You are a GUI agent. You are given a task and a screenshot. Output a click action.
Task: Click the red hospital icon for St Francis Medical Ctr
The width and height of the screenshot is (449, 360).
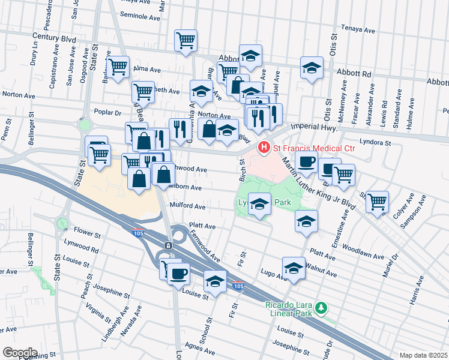tap(263, 146)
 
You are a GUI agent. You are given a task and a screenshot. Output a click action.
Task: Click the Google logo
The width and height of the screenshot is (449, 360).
tap(19, 352)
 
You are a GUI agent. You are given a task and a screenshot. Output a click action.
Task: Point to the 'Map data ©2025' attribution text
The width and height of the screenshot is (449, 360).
tap(423, 355)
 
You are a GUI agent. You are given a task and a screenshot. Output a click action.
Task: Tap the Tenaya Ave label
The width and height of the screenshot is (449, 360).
tap(358, 28)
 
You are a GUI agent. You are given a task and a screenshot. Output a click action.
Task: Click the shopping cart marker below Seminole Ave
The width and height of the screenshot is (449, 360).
tap(185, 41)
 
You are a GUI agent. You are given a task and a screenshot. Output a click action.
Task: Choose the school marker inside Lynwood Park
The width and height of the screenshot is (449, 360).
tap(259, 205)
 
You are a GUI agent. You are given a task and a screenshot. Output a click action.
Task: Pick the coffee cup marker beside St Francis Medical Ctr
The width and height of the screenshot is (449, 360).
tap(306, 161)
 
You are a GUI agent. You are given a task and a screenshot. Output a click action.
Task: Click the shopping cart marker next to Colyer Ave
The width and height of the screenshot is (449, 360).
tap(377, 201)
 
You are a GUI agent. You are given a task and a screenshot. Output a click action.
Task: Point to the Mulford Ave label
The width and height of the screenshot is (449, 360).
tap(188, 206)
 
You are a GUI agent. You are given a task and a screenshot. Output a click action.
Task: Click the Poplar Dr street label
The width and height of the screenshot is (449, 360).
tap(108, 112)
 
